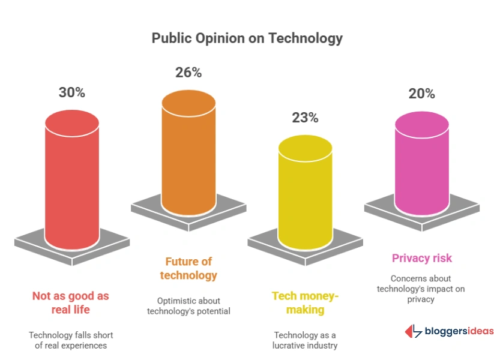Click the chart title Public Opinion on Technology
click(x=247, y=38)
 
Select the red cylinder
click(x=72, y=180)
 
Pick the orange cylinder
click(x=188, y=156)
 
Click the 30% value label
click(x=72, y=92)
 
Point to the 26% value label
click(x=188, y=73)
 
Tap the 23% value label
click(x=305, y=118)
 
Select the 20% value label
click(x=422, y=94)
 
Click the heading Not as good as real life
click(x=70, y=303)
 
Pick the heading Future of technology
click(x=188, y=268)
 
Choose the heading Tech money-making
click(x=306, y=303)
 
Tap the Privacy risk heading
click(x=422, y=258)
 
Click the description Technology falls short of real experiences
click(x=70, y=340)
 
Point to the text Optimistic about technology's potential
click(x=188, y=305)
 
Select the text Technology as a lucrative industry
click(x=306, y=340)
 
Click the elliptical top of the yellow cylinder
click(x=306, y=147)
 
